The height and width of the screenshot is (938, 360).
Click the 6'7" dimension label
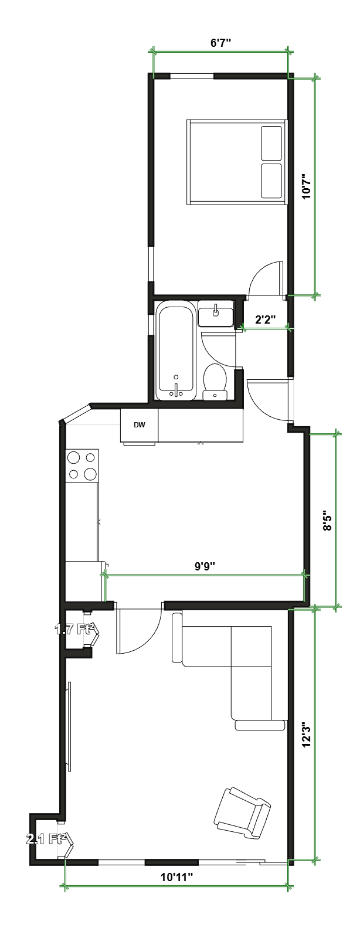(x=220, y=43)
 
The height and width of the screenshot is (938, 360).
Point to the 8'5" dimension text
(x=328, y=520)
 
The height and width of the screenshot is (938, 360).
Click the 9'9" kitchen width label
(x=205, y=566)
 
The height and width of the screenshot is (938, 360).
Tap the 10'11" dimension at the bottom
(x=176, y=878)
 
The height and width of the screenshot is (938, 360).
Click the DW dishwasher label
(x=140, y=425)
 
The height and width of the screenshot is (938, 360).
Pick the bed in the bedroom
(x=236, y=162)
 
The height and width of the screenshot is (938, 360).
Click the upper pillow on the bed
(x=271, y=143)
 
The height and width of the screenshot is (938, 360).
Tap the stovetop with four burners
(x=82, y=465)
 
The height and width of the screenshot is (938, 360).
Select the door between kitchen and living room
(x=140, y=630)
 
